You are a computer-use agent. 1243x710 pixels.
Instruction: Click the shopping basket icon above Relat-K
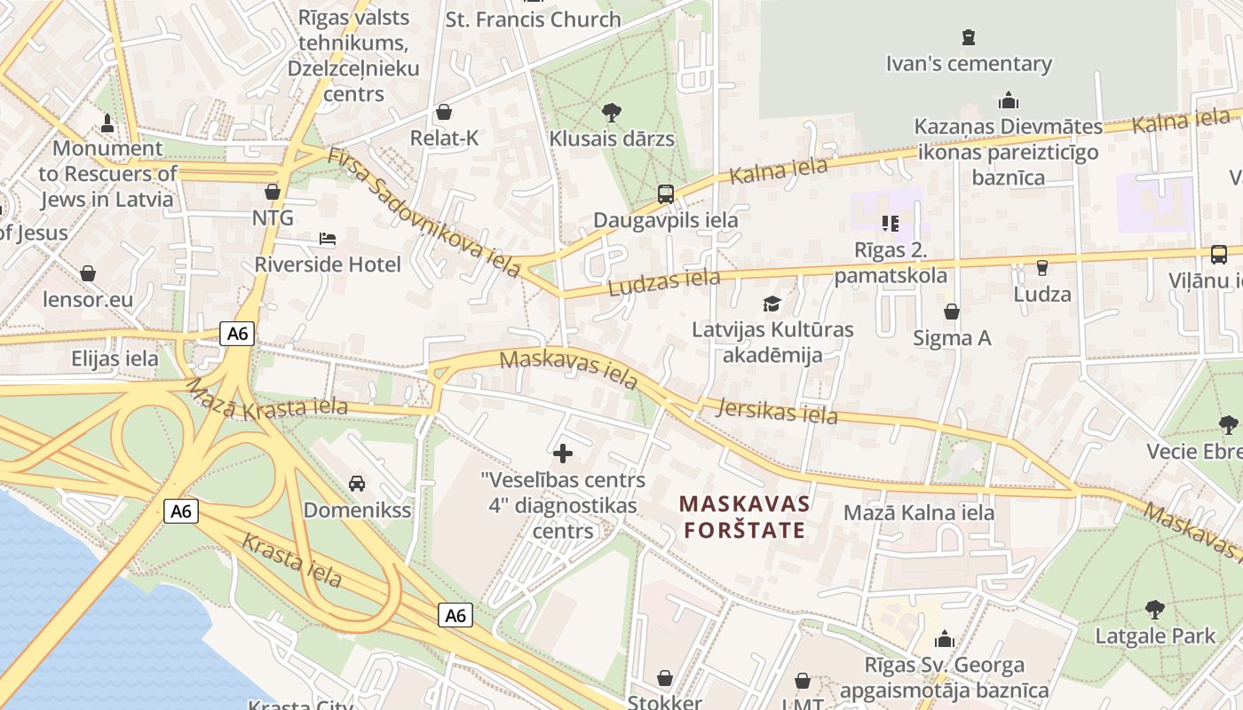pos(443,113)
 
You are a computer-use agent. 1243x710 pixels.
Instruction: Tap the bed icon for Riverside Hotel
pos(328,239)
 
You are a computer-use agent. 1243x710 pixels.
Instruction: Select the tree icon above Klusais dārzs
pos(611,113)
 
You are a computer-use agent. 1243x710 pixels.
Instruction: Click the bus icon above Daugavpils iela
pos(665,193)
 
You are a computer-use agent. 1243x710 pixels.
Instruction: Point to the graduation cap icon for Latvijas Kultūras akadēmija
pos(772,304)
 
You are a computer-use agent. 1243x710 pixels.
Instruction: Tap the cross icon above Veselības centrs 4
pos(563,454)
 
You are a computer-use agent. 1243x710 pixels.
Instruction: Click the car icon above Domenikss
pos(357,484)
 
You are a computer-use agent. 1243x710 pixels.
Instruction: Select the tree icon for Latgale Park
pos(1154,610)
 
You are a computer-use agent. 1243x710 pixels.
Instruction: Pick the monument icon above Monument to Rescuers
pos(107,122)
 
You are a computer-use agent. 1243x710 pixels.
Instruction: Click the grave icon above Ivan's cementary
pos(969,37)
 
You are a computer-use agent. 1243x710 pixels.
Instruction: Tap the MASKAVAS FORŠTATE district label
pos(745,517)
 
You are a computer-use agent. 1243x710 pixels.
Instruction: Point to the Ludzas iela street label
pos(664,281)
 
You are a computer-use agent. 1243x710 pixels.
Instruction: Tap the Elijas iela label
pos(115,359)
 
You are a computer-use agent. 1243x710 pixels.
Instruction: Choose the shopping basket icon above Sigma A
pos(952,312)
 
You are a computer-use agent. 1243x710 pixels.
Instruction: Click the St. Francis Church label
pos(533,20)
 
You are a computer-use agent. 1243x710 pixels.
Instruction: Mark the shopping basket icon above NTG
pos(273,192)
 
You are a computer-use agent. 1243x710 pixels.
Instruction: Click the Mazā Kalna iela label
pos(919,513)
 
